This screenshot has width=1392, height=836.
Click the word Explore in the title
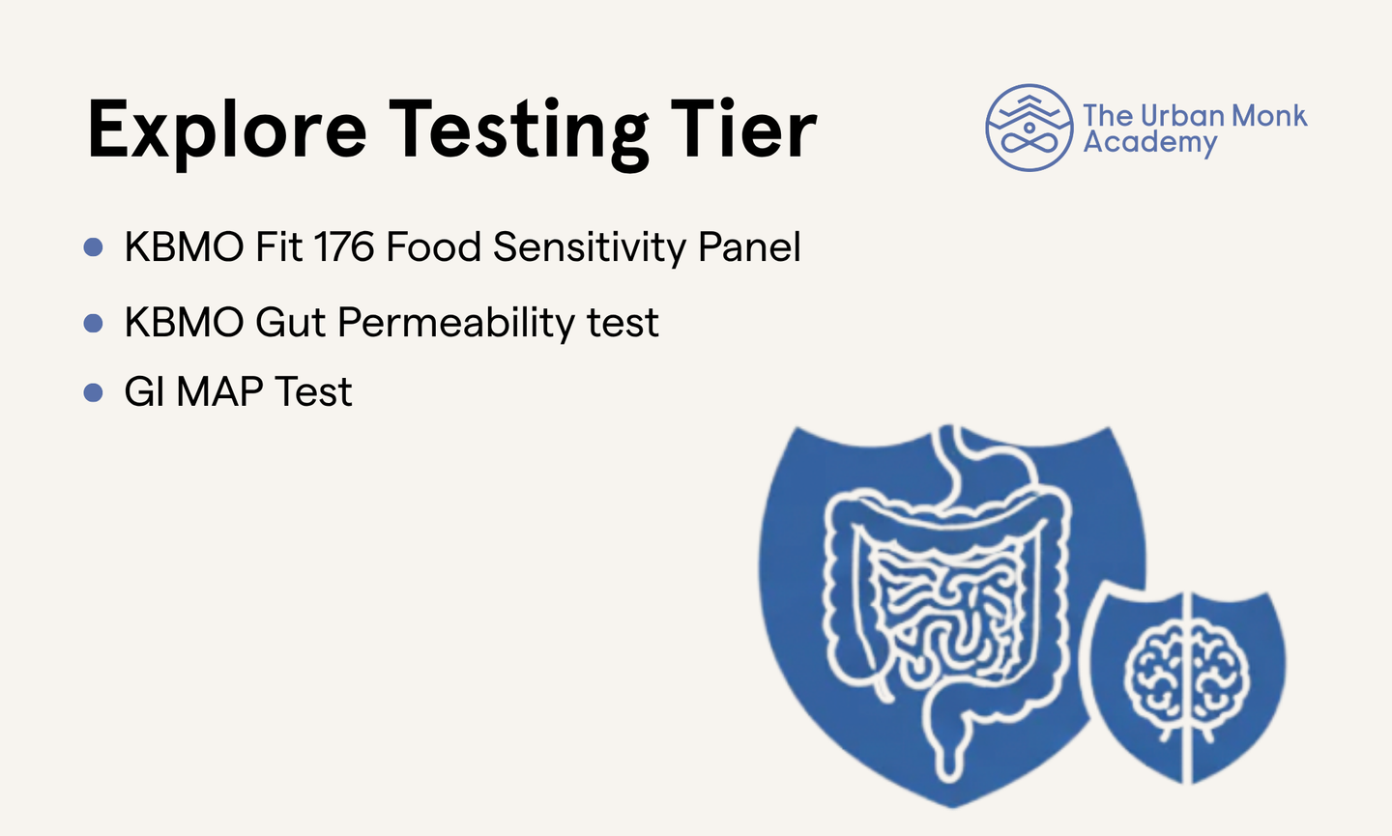tap(227, 131)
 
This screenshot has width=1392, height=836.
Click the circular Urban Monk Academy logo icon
tap(1029, 128)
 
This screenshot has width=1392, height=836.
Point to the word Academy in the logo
tap(1150, 142)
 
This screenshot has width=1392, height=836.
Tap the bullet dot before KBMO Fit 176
tap(93, 246)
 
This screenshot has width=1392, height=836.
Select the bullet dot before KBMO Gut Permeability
tap(93, 323)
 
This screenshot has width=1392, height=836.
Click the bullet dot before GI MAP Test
tap(93, 392)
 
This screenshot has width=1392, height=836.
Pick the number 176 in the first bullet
tap(344, 246)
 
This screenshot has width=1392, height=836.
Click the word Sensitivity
tap(590, 247)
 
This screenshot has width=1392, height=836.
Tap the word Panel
tap(749, 246)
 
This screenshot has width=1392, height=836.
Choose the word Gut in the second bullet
tap(291, 323)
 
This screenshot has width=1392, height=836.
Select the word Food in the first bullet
tap(434, 246)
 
